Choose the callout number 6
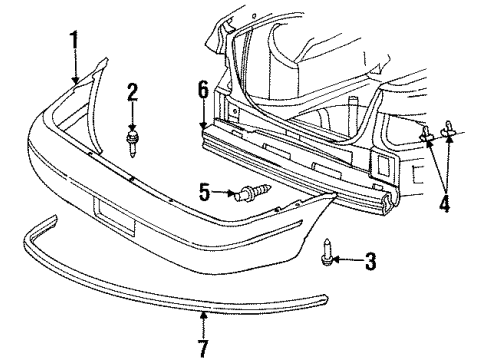point(203,90)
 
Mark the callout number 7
point(203,348)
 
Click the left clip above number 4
point(427,134)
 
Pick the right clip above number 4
point(448,128)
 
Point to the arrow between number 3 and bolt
point(348,261)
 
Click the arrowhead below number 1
point(74,78)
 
